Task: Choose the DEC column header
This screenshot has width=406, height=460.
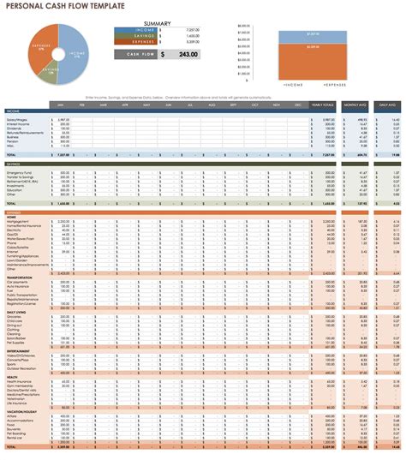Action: coord(298,105)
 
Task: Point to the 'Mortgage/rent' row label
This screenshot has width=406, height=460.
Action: coord(20,220)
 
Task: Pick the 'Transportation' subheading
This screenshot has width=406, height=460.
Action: coord(20,277)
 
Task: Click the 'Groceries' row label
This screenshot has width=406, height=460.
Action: coord(16,316)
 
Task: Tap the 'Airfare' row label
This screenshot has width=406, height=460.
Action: coord(15,416)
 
